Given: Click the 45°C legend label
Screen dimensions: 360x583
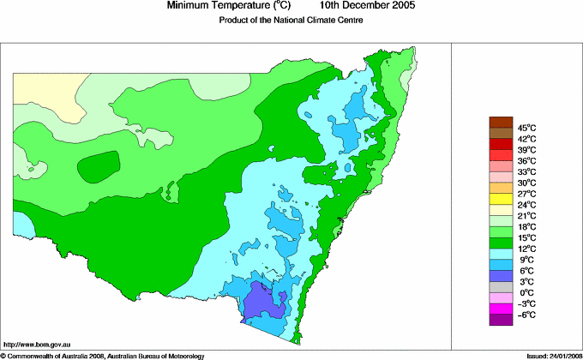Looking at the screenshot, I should pyautogui.click(x=526, y=128).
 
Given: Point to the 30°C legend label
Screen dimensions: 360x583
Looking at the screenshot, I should pyautogui.click(x=526, y=183).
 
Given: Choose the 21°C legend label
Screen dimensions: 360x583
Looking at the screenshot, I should pyautogui.click(x=526, y=216).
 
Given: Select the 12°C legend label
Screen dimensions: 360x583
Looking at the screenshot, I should pyautogui.click(x=526, y=249).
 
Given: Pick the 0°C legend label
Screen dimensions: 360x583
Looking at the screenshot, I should pyautogui.click(x=526, y=293).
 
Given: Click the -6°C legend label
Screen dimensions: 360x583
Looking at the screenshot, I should pyautogui.click(x=526, y=315).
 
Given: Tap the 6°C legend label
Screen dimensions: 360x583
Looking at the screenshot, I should pyautogui.click(x=526, y=271).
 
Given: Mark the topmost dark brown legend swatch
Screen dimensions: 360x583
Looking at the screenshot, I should pyautogui.click(x=501, y=122).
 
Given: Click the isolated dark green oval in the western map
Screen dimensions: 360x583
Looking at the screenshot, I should pyautogui.click(x=99, y=166).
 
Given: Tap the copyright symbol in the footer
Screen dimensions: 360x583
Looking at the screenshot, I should pyautogui.click(x=3, y=355).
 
